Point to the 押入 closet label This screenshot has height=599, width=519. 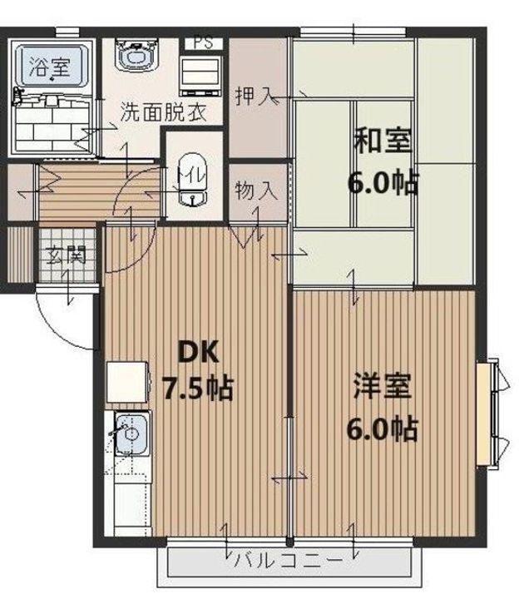click(253, 94)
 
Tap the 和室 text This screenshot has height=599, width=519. click(382, 140)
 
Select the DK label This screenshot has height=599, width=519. click(196, 352)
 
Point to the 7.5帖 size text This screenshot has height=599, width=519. click(196, 388)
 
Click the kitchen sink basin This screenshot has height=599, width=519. click(130, 433)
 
